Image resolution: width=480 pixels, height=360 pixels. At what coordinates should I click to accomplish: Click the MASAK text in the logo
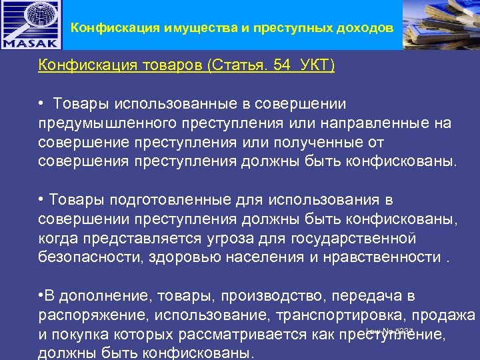(31, 41)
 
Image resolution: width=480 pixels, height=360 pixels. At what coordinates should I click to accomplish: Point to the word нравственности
(384, 257)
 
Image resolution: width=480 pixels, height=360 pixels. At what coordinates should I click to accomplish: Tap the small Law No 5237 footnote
(390, 331)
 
